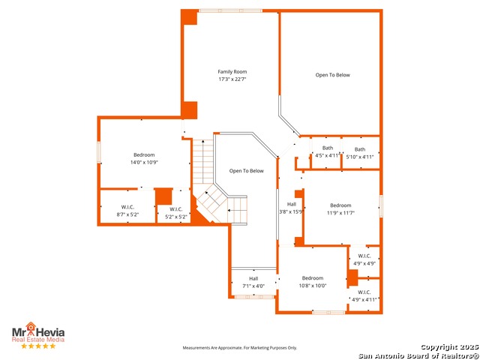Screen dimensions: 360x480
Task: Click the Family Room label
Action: click(x=232, y=72)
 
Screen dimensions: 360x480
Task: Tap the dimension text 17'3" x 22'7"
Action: click(x=232, y=79)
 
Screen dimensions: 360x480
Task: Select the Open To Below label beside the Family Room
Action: click(x=332, y=75)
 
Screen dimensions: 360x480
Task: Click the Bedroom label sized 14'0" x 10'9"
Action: click(x=144, y=154)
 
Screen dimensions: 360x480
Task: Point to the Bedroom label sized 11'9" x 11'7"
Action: click(x=340, y=205)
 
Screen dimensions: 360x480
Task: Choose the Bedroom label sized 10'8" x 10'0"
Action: click(x=313, y=277)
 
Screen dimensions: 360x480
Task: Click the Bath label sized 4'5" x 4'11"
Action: click(x=328, y=148)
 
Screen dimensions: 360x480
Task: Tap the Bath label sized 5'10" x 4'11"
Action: click(x=360, y=149)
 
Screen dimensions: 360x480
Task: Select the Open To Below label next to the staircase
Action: click(x=246, y=171)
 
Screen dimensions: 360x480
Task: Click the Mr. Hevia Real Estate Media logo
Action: click(x=37, y=333)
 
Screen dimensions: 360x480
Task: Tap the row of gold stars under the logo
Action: click(x=37, y=346)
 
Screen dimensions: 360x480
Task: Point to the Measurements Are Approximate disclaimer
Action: click(x=240, y=348)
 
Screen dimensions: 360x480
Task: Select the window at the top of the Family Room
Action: click(x=230, y=10)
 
